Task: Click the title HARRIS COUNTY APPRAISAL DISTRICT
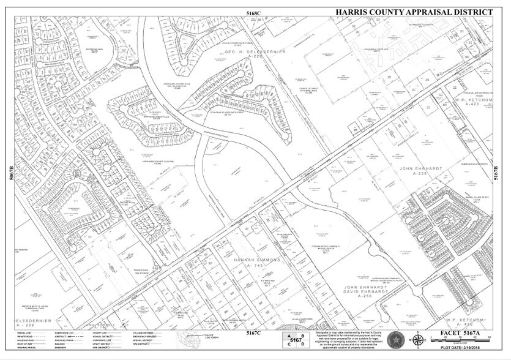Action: click(x=413, y=12)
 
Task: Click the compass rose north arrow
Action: click(x=416, y=340)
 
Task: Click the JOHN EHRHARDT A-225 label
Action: click(x=420, y=170)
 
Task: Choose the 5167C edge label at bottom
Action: click(x=253, y=332)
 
